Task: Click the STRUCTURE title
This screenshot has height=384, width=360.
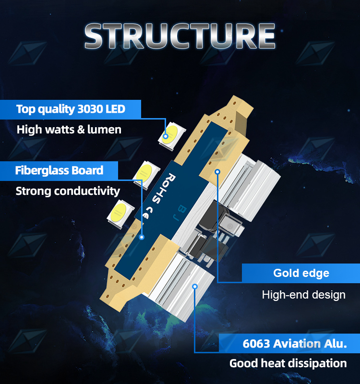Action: click(180, 36)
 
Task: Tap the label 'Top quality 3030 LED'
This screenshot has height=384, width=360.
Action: click(71, 109)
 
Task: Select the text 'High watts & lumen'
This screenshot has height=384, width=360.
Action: click(69, 130)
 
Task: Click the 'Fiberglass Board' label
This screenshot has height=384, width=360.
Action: click(59, 170)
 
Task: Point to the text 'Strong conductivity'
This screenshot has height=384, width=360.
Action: click(68, 191)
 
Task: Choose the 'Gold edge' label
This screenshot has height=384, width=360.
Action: click(301, 273)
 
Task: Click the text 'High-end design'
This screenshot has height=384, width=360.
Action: click(304, 295)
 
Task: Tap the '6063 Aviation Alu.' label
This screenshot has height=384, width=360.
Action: click(295, 344)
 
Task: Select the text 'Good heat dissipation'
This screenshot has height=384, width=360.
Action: click(288, 363)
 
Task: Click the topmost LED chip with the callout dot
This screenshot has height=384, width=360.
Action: click(172, 135)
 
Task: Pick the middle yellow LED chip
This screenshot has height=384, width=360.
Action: click(146, 175)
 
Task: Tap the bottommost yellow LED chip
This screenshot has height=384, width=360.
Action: click(120, 214)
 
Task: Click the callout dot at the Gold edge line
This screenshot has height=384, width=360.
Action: click(217, 172)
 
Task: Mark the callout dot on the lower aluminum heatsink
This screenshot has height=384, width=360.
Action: click(195, 287)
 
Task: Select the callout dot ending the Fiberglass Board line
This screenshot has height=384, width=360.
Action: click(142, 237)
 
